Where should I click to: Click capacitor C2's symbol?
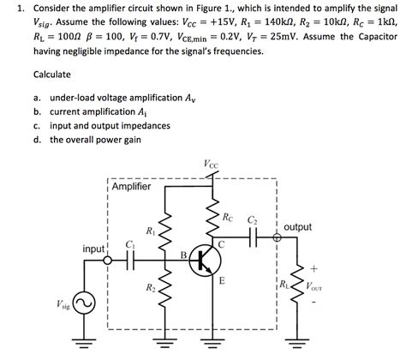pos(254,239)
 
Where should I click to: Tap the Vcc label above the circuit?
pos(211,162)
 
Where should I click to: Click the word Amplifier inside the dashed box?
pos(131,187)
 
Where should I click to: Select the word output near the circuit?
pos(297,227)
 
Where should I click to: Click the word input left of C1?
pos(93,249)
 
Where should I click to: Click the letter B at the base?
pos(182,254)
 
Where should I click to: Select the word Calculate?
pos(51,74)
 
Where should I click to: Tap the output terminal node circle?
pos(277,239)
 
